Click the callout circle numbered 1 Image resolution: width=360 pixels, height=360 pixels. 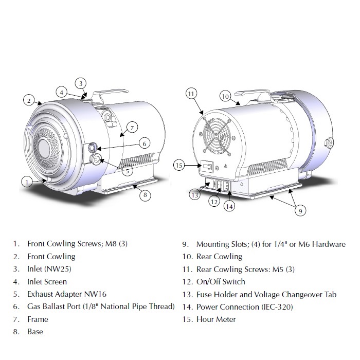[x=27, y=181]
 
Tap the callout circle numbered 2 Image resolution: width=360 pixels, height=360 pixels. [x=29, y=100]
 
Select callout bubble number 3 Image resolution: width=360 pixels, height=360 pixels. [x=81, y=83]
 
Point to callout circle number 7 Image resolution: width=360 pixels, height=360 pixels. [x=132, y=127]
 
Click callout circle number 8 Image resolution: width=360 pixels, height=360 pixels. [x=146, y=195]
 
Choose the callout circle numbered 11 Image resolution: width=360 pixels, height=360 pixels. [x=191, y=94]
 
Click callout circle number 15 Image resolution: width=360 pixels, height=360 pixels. [x=179, y=165]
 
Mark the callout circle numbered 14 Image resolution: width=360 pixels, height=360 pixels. [x=229, y=206]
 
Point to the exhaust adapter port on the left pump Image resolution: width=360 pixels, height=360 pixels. [x=96, y=160]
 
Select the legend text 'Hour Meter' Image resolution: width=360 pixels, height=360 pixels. [x=216, y=319]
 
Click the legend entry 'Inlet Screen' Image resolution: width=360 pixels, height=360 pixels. [x=47, y=282]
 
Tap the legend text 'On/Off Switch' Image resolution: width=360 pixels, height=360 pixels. [x=221, y=282]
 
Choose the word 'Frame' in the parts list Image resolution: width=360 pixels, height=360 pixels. [x=38, y=319]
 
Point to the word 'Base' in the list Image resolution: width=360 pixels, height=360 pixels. [x=35, y=332]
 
